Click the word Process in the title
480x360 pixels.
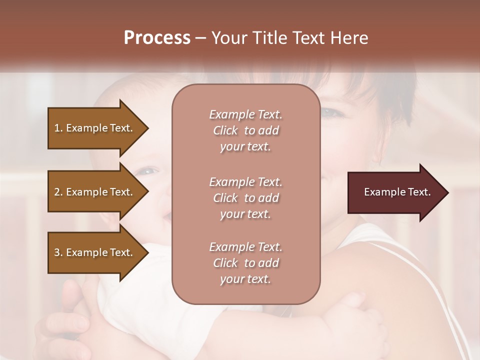(157, 38)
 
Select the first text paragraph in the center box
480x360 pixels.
(245, 130)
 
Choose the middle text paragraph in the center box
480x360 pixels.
(245, 198)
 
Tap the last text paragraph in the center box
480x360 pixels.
(245, 263)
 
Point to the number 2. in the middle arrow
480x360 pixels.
(58, 192)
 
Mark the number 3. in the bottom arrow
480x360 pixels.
(58, 252)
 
